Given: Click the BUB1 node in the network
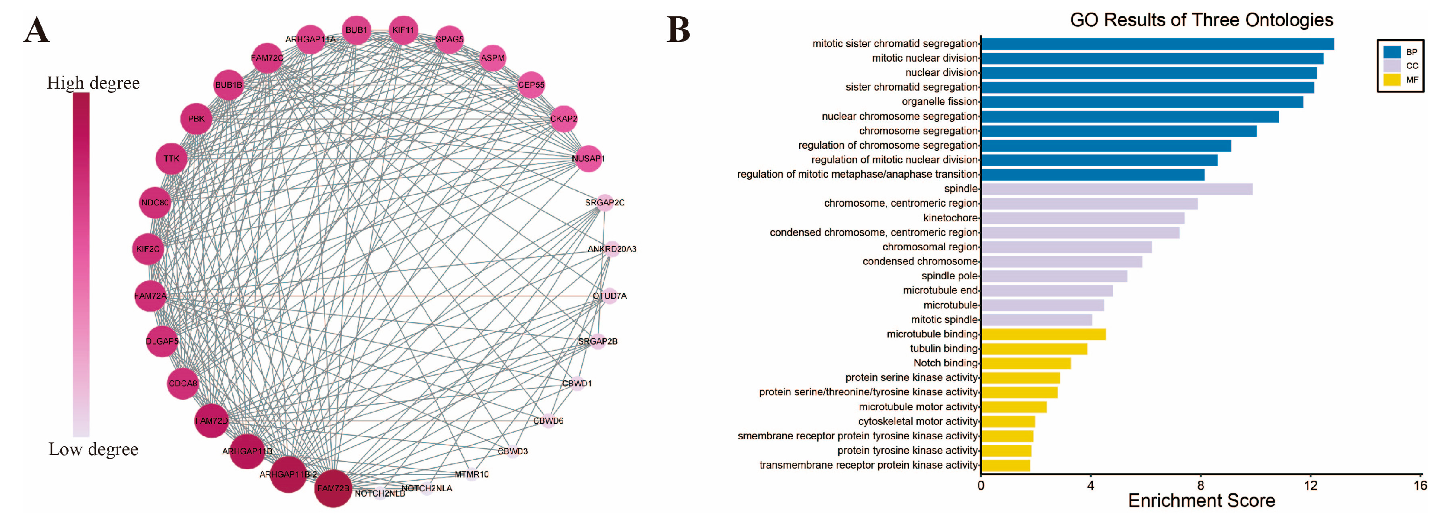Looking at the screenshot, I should tap(357, 30).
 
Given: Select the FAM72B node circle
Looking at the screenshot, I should tap(333, 488).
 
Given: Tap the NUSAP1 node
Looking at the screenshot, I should tap(588, 158).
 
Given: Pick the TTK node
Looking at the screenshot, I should tap(171, 158).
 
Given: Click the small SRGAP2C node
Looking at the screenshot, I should tap(605, 203).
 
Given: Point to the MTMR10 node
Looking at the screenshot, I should tap(471, 475).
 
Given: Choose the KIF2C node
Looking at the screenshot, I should tap(148, 249).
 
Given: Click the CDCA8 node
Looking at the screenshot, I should tap(183, 384).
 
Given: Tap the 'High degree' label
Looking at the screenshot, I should tap(93, 83).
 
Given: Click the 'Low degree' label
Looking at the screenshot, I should tap(93, 449).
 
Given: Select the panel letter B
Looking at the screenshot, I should tap(678, 29).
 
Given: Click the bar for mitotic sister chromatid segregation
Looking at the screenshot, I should tap(1157, 44).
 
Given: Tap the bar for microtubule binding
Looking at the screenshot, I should tap(1043, 335).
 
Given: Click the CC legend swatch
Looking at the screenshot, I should tap(1392, 66).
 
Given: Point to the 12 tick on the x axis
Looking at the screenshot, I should tap(1310, 486).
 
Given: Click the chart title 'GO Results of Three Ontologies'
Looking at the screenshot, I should tap(1201, 20).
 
